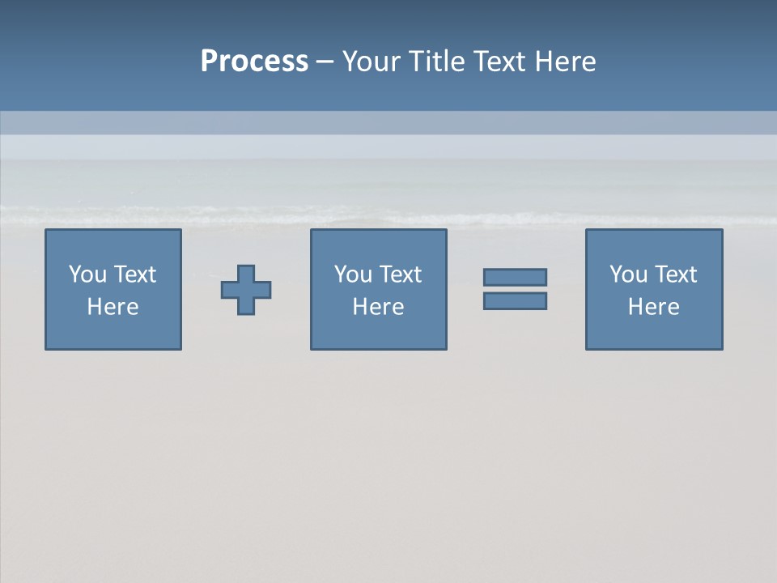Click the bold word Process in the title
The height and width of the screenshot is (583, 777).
(x=254, y=62)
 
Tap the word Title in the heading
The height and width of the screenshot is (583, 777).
(x=437, y=62)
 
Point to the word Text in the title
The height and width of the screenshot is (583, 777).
(x=500, y=62)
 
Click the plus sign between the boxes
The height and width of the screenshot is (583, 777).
(x=246, y=290)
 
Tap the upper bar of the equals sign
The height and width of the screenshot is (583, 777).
(x=515, y=278)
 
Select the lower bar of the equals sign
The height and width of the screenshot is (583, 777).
(x=515, y=300)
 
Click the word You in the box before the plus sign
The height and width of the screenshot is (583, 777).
(x=87, y=274)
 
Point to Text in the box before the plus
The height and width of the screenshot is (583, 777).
(x=134, y=274)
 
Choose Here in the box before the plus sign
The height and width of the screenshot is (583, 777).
(x=113, y=307)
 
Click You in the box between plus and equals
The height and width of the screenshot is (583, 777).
(x=353, y=274)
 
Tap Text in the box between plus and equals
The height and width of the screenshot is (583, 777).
(x=400, y=274)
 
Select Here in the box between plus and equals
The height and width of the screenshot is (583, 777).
(x=378, y=307)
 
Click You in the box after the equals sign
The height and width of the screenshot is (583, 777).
(x=628, y=274)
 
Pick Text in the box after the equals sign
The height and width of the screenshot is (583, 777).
(x=675, y=274)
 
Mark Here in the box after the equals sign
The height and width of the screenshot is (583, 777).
(x=653, y=307)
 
